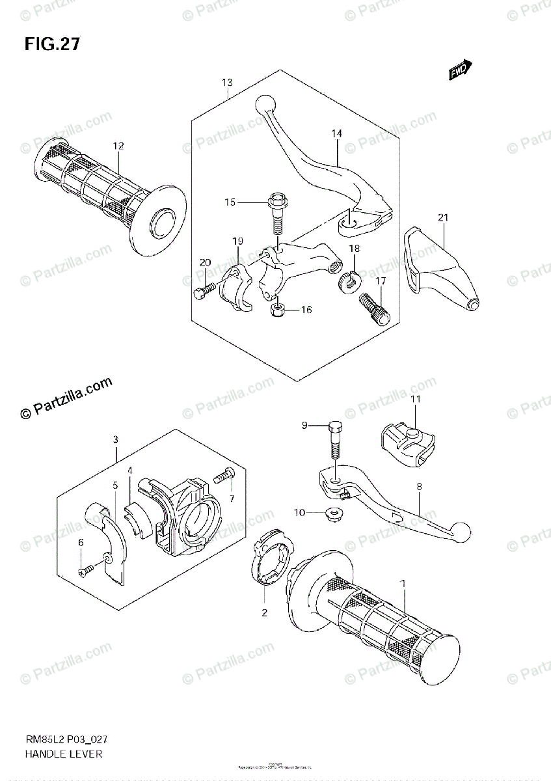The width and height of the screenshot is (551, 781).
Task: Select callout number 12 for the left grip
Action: (x=117, y=146)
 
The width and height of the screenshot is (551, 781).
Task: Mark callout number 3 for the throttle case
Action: (x=115, y=439)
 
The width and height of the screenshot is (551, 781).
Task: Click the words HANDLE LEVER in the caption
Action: (x=63, y=754)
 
